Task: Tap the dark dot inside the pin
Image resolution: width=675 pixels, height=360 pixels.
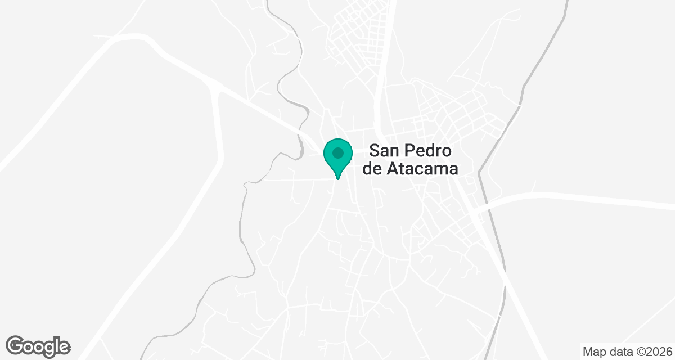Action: (x=337, y=152)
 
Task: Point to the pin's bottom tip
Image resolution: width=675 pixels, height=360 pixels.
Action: (x=337, y=179)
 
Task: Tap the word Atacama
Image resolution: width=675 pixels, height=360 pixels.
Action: (x=422, y=169)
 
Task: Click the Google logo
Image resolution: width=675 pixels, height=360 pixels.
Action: (x=38, y=346)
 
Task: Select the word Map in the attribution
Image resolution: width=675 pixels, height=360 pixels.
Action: (x=594, y=352)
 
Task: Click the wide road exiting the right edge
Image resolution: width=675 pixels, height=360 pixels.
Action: (x=619, y=200)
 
